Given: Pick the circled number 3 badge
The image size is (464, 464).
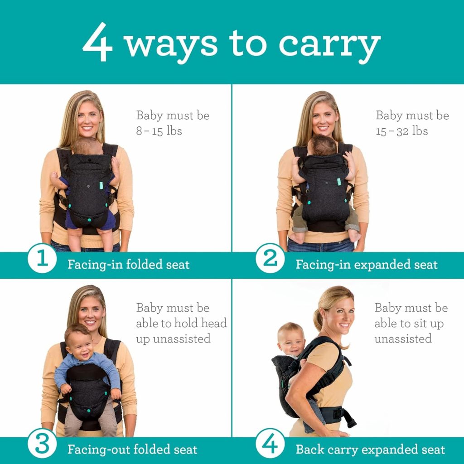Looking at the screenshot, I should tap(42, 446).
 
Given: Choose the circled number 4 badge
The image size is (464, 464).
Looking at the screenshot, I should tap(270, 446).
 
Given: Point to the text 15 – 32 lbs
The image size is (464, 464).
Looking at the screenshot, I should tap(402, 131).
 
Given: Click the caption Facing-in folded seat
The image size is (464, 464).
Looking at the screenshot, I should tap(129, 265).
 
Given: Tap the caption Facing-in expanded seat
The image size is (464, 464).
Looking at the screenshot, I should tap(367, 265).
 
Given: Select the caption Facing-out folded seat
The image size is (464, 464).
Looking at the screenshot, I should tap(132, 449).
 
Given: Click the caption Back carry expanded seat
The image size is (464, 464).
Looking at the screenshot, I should tap(370, 449).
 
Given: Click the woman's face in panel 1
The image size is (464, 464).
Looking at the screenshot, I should tap(89, 118).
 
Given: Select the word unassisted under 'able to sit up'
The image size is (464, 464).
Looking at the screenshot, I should tap(402, 339).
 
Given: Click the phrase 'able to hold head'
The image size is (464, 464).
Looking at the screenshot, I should tap(181, 324).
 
